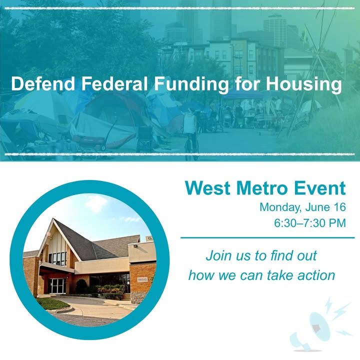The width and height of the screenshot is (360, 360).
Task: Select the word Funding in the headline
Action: pos(191,85)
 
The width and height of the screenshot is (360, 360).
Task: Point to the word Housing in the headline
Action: pos(304,85)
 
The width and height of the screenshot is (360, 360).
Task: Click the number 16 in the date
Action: pos(338,207)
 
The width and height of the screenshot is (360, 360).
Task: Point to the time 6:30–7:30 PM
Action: pos(310,223)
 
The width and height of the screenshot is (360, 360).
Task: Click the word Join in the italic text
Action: pos(218,255)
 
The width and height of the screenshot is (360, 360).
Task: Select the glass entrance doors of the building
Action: pos(57,285)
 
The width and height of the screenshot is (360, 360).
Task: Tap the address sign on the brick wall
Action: pos(142,279)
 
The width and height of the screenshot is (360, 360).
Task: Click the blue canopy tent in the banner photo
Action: pos(241,94)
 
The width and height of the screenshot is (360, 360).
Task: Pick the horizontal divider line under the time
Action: pos(267,238)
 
